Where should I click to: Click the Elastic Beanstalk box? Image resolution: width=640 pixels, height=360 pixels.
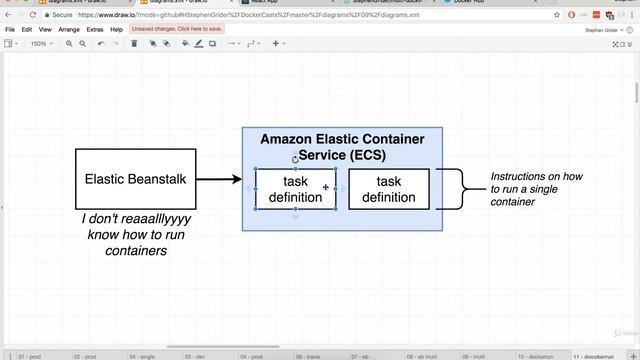135,179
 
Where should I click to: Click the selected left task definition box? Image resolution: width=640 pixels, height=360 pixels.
295,189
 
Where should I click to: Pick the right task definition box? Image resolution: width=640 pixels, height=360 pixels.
388,189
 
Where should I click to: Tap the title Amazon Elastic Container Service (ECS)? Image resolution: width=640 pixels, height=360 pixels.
342,147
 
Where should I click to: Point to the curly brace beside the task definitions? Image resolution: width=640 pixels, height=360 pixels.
452,189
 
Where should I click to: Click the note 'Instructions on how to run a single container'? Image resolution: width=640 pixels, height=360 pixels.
536,189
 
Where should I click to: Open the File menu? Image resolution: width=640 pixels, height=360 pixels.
10,30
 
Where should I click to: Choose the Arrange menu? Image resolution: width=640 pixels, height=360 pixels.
69,30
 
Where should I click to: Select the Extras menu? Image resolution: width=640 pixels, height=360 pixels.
95,30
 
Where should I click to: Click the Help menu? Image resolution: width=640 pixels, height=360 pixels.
117,30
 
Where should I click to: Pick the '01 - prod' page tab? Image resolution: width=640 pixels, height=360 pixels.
29,355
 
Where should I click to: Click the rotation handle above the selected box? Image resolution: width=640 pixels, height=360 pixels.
295,159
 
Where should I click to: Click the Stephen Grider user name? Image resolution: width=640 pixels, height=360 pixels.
604,30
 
